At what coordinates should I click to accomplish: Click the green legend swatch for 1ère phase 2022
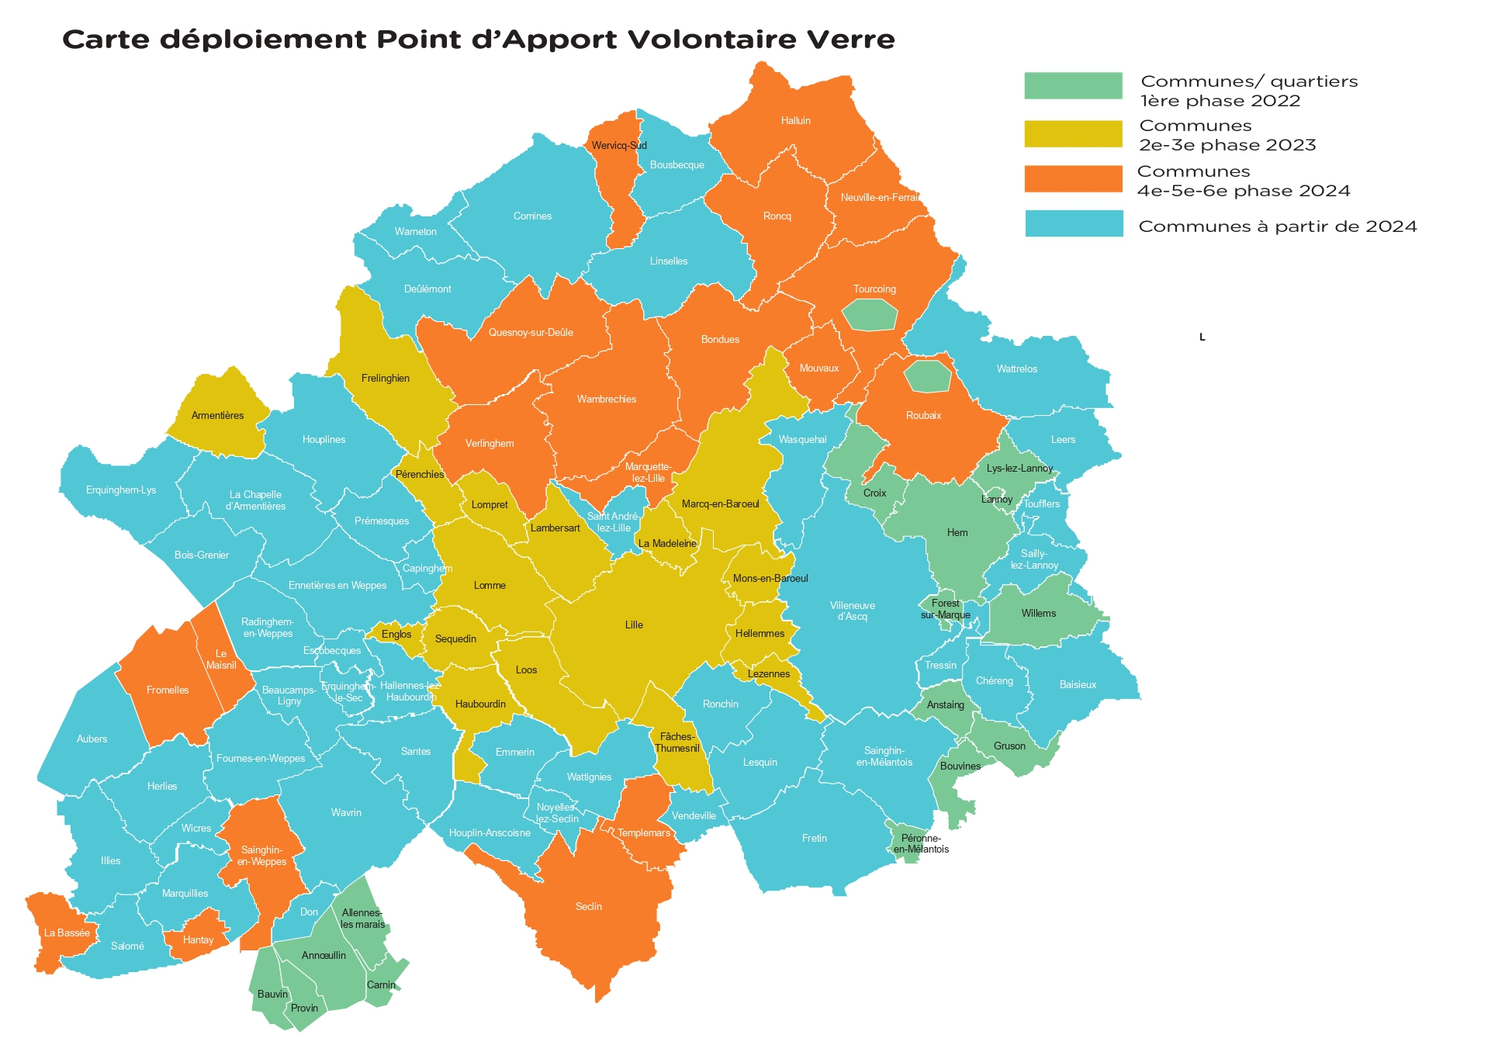pyautogui.click(x=1072, y=85)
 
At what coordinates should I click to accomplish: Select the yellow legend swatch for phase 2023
pyautogui.click(x=1072, y=133)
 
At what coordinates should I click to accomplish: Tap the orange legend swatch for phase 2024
pyautogui.click(x=1072, y=178)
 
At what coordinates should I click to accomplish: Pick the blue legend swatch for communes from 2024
pyautogui.click(x=1073, y=223)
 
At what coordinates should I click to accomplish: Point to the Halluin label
pyautogui.click(x=795, y=121)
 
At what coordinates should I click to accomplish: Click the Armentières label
pyautogui.click(x=217, y=416)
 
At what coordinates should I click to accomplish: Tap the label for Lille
pyautogui.click(x=634, y=625)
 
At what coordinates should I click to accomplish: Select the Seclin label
pyautogui.click(x=588, y=907)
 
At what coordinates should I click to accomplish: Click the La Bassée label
pyautogui.click(x=67, y=933)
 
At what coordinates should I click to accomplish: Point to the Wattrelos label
pyautogui.click(x=1016, y=369)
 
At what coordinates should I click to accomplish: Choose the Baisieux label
pyautogui.click(x=1078, y=685)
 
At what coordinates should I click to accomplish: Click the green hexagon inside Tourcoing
pyautogui.click(x=870, y=315)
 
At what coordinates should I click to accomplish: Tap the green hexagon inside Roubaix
pyautogui.click(x=927, y=376)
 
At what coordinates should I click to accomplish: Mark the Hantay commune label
pyautogui.click(x=198, y=940)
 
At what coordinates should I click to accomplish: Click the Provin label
pyautogui.click(x=304, y=1009)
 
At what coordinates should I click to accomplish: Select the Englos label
pyautogui.click(x=396, y=635)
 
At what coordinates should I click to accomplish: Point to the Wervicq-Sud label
pyautogui.click(x=618, y=146)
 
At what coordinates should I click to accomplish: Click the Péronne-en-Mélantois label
pyautogui.click(x=921, y=844)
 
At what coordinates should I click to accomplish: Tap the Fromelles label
pyautogui.click(x=168, y=690)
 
